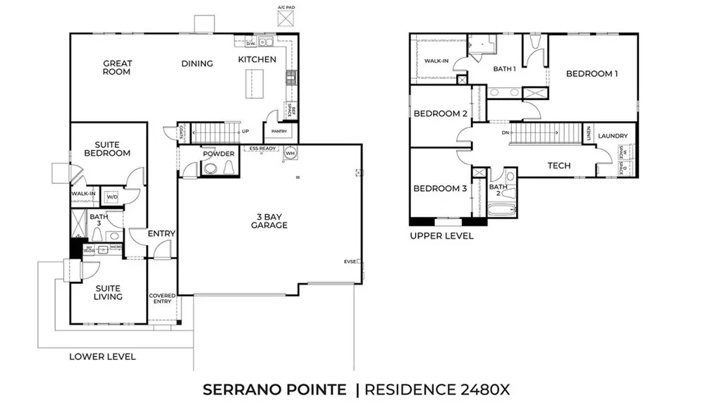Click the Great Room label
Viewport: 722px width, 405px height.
pos(117,68)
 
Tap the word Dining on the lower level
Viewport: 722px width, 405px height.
pos(197,63)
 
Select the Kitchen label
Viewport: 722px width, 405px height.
pos(257,59)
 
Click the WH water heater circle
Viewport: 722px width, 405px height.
pos(290,153)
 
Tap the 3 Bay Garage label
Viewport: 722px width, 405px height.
pos(269,220)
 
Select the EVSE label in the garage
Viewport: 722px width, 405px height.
pos(350,261)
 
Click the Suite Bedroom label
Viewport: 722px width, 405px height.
pos(107,148)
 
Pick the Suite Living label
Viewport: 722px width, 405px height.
pos(108,292)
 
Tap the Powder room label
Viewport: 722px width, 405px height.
pos(218,154)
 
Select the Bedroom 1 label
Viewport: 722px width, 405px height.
pos(592,73)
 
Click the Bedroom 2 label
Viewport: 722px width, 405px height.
pos(440,113)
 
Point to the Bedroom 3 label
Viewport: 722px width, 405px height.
pos(440,188)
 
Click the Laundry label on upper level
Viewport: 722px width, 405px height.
pos(613,135)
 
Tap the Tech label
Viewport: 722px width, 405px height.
pos(559,166)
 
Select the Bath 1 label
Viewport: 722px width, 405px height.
pos(504,69)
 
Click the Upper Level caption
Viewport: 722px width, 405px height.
pos(441,236)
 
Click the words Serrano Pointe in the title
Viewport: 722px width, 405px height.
pos(274,389)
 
